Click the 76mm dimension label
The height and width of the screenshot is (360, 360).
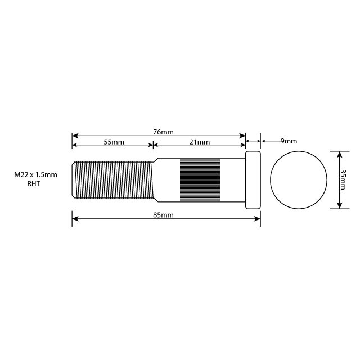coord(163,132)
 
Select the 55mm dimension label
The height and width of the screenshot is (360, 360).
coord(114,142)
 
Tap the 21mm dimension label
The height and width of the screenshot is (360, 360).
coord(199,142)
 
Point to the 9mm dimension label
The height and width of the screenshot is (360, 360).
coord(288,141)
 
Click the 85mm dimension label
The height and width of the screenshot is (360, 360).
coord(163,215)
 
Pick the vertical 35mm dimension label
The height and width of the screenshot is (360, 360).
coord(343,179)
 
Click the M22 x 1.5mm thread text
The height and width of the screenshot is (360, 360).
coord(36,175)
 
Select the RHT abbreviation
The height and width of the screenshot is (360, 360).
coord(34,184)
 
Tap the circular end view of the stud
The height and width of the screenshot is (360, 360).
coord(299,180)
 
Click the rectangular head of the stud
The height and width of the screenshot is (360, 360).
coord(253,180)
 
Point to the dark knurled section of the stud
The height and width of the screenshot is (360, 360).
coord(200,180)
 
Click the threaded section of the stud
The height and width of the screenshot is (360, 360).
coord(112,180)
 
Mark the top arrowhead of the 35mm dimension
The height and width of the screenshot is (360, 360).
coord(339,154)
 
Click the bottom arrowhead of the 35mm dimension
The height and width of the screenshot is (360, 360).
coord(339,206)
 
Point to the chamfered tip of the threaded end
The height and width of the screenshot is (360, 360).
coord(74,180)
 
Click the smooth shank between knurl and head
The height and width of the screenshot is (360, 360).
coord(232,180)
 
